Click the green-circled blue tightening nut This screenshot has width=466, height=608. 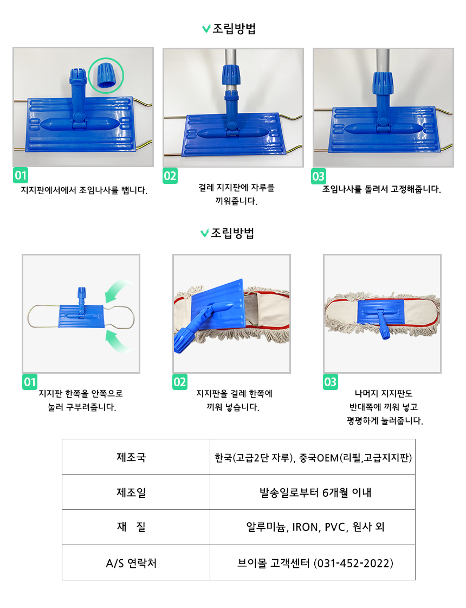pyautogui.click(x=105, y=75)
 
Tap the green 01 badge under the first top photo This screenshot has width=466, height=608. pyautogui.click(x=21, y=175)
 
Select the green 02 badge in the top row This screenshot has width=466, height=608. pyautogui.click(x=170, y=176)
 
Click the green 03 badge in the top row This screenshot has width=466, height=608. pyautogui.click(x=319, y=176)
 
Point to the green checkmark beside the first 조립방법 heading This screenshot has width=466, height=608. pyautogui.click(x=206, y=28)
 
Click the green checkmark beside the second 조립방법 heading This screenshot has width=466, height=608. pyautogui.click(x=204, y=233)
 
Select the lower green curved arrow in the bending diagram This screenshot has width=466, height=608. pyautogui.click(x=119, y=341)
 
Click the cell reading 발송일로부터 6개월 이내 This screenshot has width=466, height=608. pyautogui.click(x=313, y=492)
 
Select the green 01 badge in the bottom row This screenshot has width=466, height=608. pyautogui.click(x=30, y=381)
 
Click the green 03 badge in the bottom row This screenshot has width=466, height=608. pyautogui.click(x=331, y=381)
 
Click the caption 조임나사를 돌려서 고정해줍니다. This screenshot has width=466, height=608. pyautogui.click(x=381, y=189)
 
